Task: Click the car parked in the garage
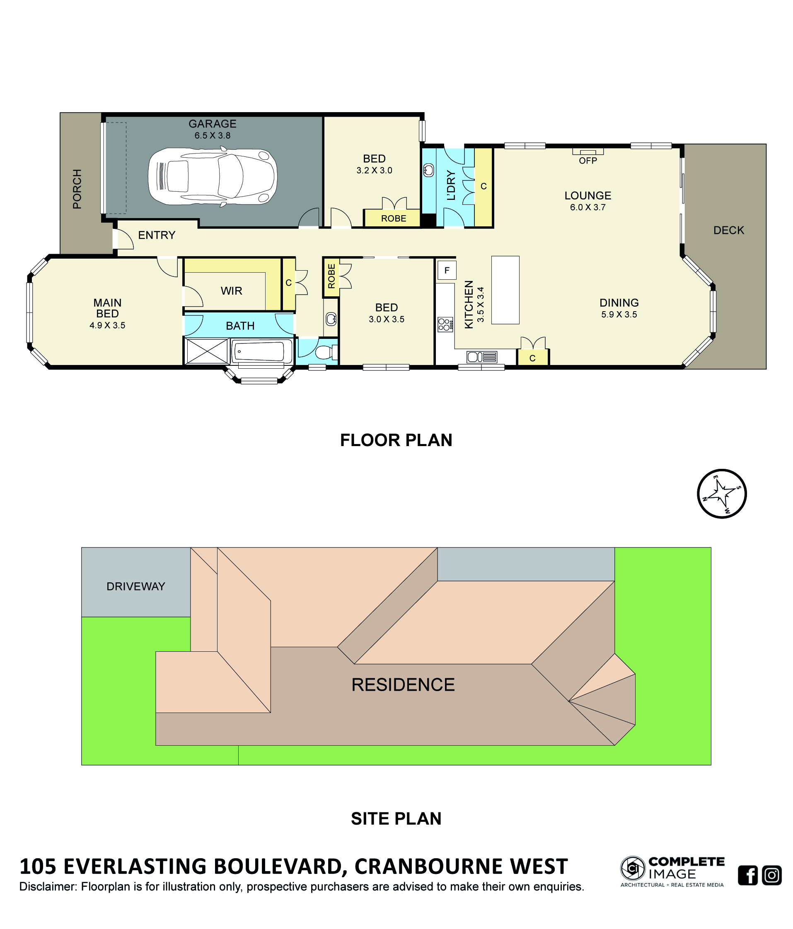pyautogui.click(x=212, y=177)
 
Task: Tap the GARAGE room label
pyautogui.click(x=212, y=123)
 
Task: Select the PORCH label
pyautogui.click(x=77, y=189)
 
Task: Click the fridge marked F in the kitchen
pyautogui.click(x=447, y=270)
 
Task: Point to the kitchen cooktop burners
pyautogui.click(x=445, y=324)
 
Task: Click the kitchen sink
pyautogui.click(x=481, y=357)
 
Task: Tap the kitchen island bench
pyautogui.click(x=505, y=290)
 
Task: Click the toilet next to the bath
pyautogui.click(x=326, y=352)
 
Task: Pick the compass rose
pyautogui.click(x=722, y=494)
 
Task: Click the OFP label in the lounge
pyautogui.click(x=588, y=161)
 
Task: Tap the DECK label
pyautogui.click(x=729, y=230)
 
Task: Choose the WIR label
pyautogui.click(x=232, y=290)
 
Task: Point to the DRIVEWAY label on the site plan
pyautogui.click(x=135, y=586)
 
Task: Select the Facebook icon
pyautogui.click(x=748, y=875)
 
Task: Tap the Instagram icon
pyautogui.click(x=772, y=875)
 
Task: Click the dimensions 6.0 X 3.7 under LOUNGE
pyautogui.click(x=588, y=207)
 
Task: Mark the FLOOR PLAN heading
pyautogui.click(x=396, y=440)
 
